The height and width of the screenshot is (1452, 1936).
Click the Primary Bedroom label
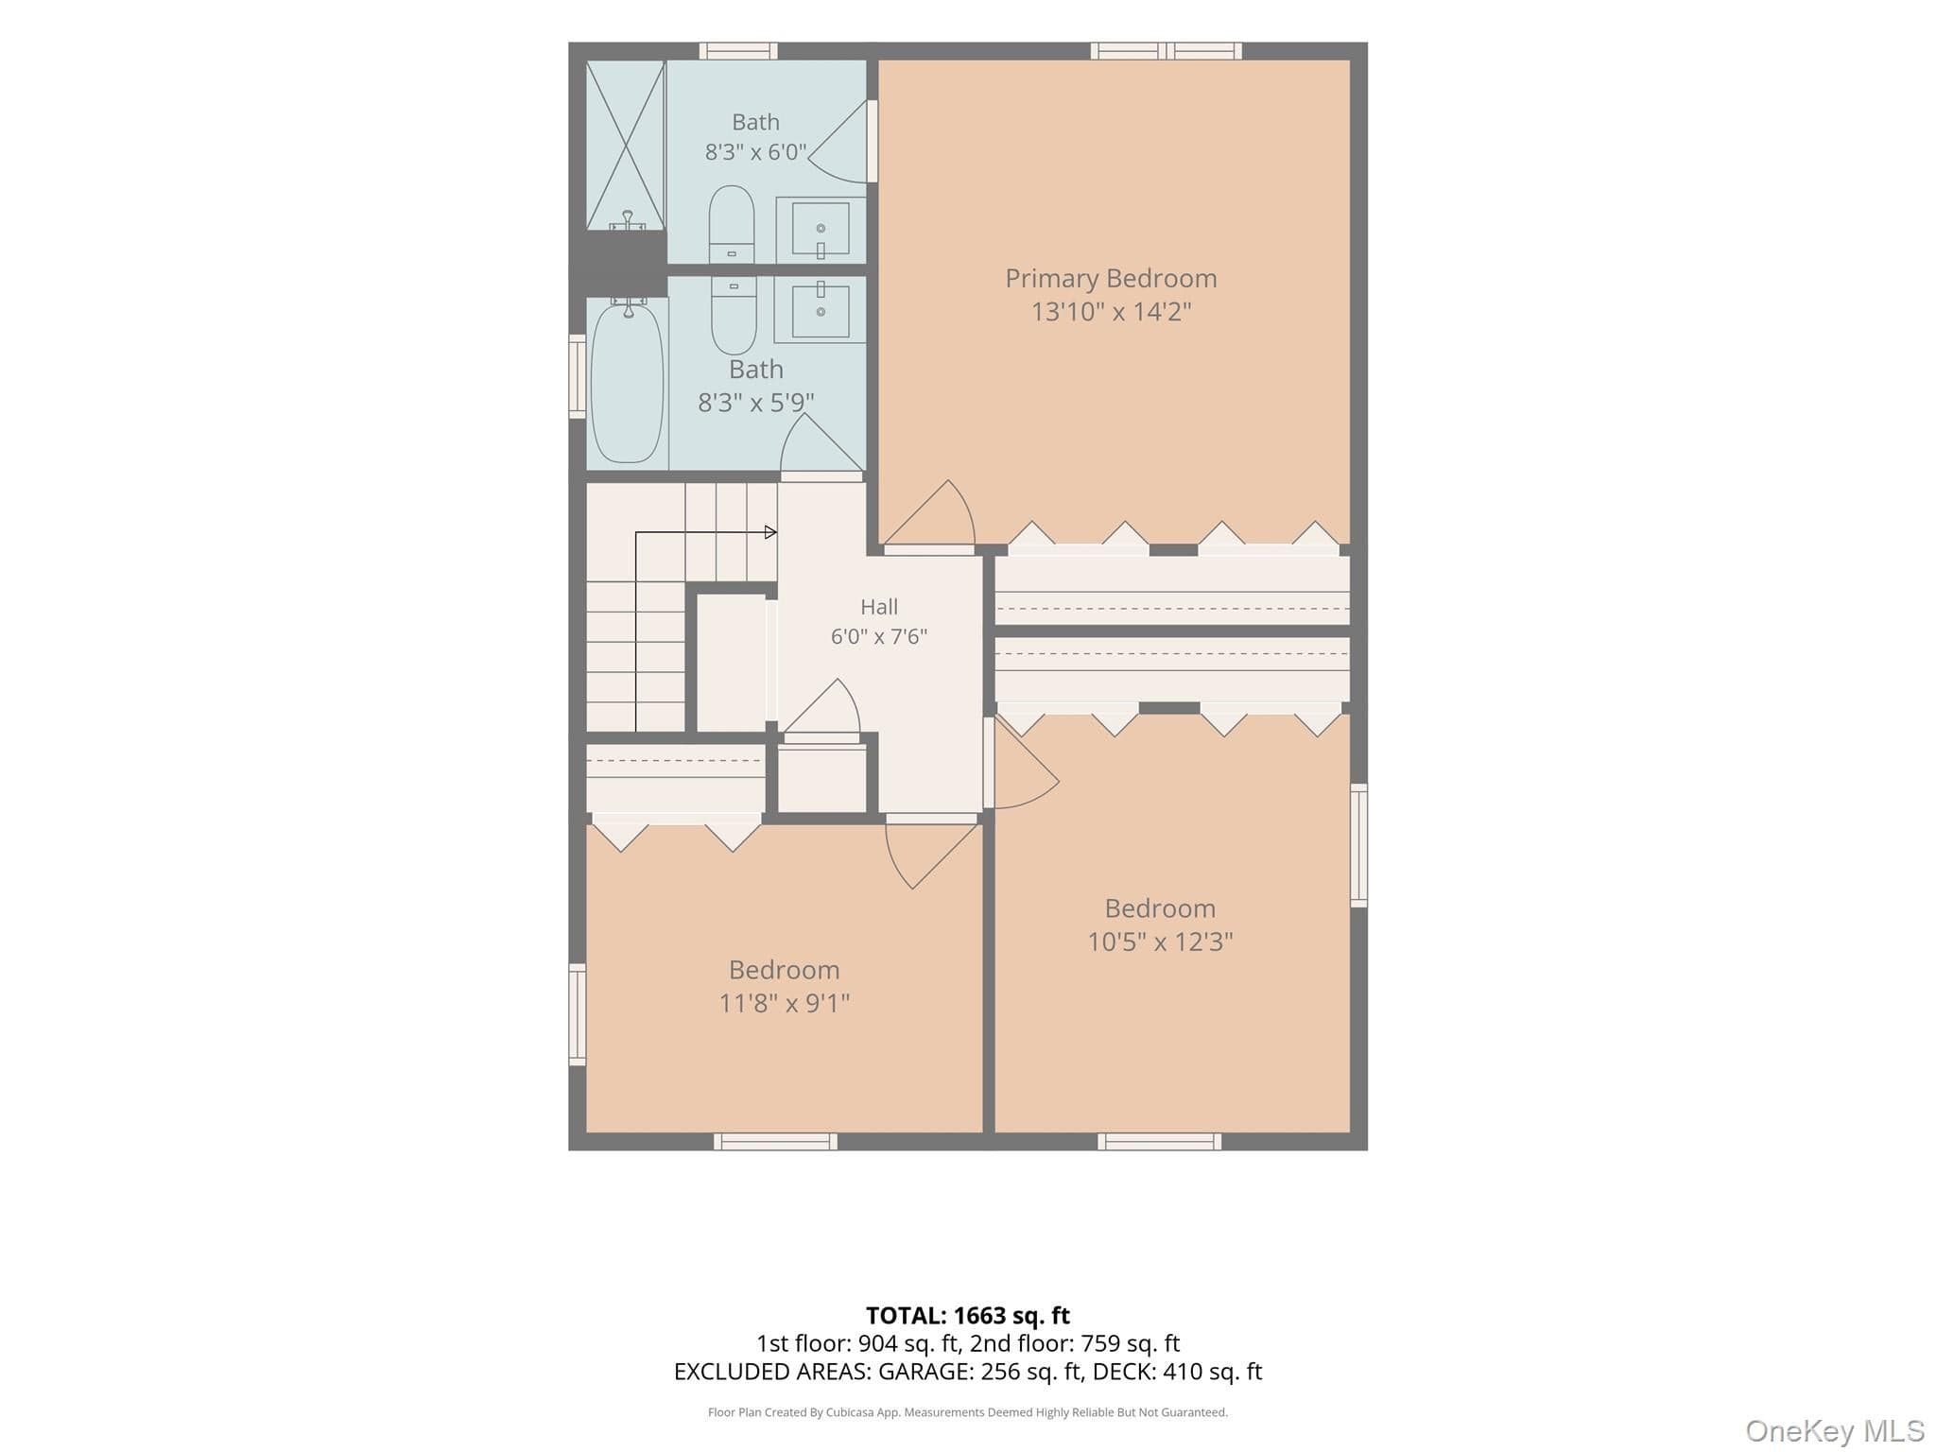[1111, 279]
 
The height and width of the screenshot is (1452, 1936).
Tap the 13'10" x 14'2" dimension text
[1111, 312]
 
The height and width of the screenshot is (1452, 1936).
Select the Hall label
[879, 607]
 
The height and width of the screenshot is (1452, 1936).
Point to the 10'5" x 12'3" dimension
[1160, 942]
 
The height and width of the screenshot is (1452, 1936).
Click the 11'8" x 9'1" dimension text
[785, 1003]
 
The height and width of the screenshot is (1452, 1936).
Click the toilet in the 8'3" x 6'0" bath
[732, 224]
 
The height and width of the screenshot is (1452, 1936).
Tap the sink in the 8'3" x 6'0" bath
[821, 229]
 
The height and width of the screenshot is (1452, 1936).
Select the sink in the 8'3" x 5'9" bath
[821, 311]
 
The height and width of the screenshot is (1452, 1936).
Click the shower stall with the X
[626, 146]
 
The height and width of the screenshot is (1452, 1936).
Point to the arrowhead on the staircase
[770, 532]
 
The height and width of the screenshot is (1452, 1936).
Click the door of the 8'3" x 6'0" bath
[838, 142]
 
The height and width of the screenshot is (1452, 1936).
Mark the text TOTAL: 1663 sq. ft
[968, 1316]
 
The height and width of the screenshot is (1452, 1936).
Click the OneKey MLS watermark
[1835, 1431]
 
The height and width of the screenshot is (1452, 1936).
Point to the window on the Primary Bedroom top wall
[1166, 51]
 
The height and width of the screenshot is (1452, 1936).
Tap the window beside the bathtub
[577, 376]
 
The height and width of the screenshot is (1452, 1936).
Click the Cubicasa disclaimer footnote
[968, 1412]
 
